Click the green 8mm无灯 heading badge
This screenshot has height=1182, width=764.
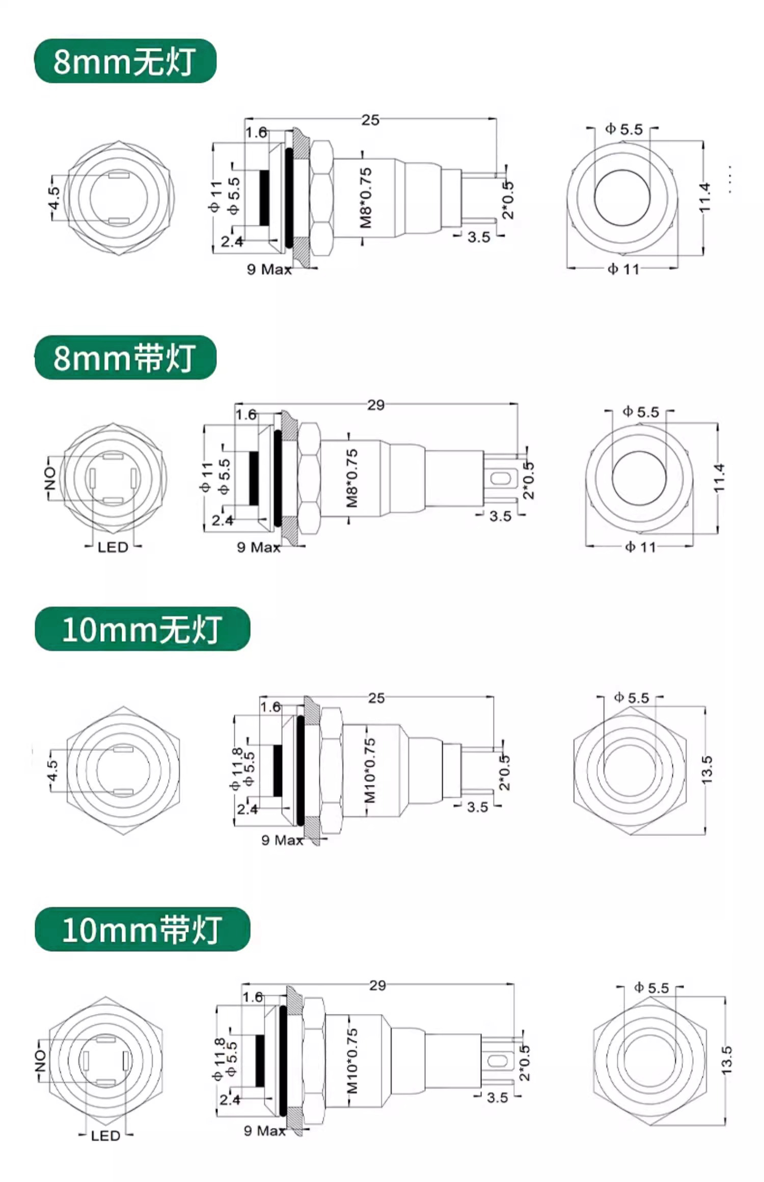click(125, 61)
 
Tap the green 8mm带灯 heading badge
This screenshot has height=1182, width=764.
click(125, 357)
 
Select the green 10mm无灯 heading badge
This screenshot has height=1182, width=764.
click(142, 629)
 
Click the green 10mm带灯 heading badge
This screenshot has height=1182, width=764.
click(142, 929)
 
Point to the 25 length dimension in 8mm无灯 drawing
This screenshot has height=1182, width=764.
click(370, 120)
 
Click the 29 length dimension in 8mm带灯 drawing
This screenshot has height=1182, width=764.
click(376, 405)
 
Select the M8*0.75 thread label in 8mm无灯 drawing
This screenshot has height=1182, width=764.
click(366, 199)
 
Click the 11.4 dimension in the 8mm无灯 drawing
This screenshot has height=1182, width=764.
click(704, 198)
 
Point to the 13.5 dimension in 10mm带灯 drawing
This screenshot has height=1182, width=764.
click(727, 1060)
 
